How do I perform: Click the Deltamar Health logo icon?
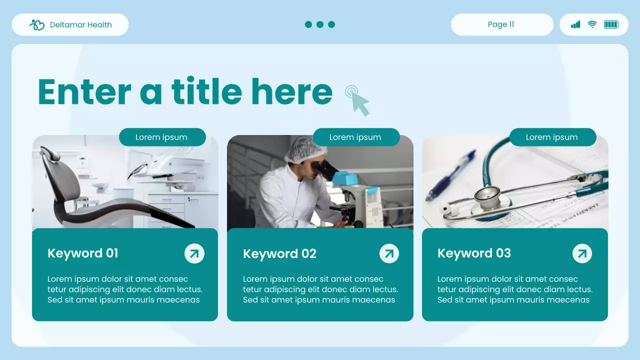[37, 24]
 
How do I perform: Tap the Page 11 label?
[501, 24]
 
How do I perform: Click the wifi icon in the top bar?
[592, 24]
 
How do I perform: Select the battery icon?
[611, 24]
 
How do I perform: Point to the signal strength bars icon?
[575, 24]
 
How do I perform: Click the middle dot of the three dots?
[320, 24]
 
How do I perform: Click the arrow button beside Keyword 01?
[194, 253]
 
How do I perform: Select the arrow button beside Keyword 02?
[389, 253]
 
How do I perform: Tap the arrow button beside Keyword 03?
[582, 253]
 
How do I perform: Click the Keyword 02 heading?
[279, 254]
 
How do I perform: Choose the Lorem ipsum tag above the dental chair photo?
[162, 137]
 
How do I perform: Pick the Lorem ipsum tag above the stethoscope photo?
[552, 137]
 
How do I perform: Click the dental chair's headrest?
[50, 153]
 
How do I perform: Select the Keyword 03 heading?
[474, 253]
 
